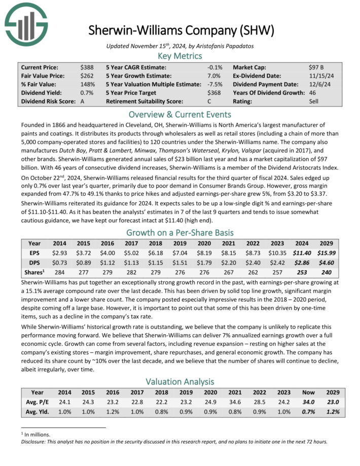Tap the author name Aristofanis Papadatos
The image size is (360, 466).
pyautogui.click(x=226, y=46)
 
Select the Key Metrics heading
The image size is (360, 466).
pyautogui.click(x=179, y=56)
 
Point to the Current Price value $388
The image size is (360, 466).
pyautogui.click(x=86, y=67)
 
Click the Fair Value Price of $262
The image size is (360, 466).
pyautogui.click(x=86, y=76)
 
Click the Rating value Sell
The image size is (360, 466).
pyautogui.click(x=314, y=101)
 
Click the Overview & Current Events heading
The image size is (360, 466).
pyautogui.click(x=179, y=114)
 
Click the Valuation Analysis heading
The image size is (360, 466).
pyautogui.click(x=179, y=381)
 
